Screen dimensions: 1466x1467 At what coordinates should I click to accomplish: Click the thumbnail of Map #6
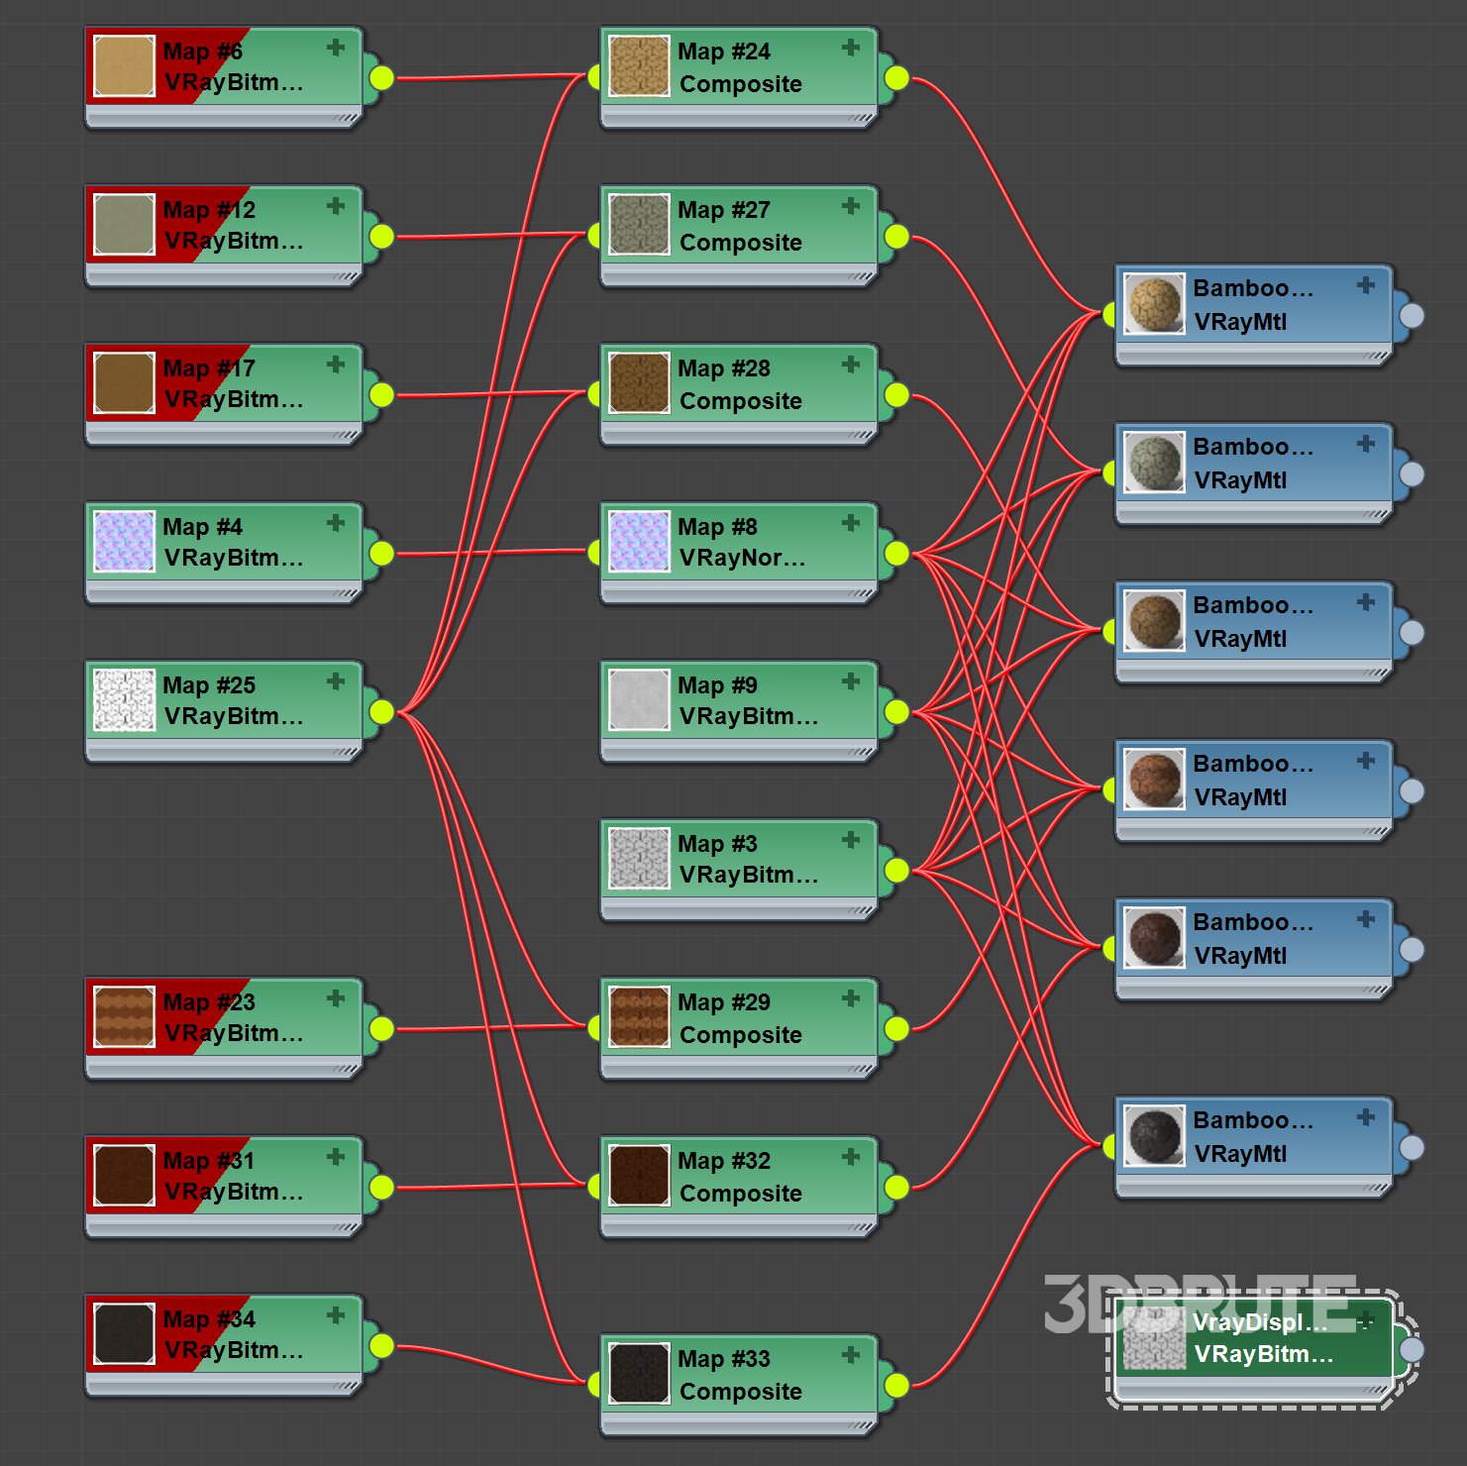click(x=124, y=66)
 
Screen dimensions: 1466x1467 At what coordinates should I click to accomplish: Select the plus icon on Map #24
click(x=851, y=48)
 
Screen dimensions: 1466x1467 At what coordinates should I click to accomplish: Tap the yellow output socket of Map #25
click(x=381, y=711)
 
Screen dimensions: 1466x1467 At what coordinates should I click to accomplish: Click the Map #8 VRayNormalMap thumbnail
click(x=639, y=542)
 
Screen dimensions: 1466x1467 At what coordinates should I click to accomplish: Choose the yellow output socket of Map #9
click(x=896, y=711)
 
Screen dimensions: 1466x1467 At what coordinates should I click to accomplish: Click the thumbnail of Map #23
click(x=124, y=1017)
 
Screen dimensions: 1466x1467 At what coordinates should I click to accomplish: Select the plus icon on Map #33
click(x=851, y=1355)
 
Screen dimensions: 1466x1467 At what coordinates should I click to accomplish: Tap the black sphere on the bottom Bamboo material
click(x=1154, y=1135)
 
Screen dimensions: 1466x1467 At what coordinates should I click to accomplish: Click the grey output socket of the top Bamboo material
click(x=1412, y=315)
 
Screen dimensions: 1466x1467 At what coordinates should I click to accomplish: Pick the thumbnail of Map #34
click(x=124, y=1334)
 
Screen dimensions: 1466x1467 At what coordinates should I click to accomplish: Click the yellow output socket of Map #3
click(x=896, y=870)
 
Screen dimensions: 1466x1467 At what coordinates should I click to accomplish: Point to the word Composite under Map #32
click(x=740, y=1194)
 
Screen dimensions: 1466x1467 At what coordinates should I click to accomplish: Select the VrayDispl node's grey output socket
click(x=1412, y=1349)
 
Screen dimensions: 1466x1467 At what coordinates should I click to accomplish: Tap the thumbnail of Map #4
click(x=124, y=542)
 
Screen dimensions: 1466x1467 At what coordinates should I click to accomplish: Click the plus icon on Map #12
click(x=336, y=206)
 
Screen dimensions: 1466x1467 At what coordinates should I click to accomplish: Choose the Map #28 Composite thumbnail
click(x=639, y=383)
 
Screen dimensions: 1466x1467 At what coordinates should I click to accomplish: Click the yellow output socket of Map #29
click(x=896, y=1028)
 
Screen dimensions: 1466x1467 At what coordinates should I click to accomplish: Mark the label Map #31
click(x=208, y=1161)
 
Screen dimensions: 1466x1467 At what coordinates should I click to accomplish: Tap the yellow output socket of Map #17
click(x=381, y=394)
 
